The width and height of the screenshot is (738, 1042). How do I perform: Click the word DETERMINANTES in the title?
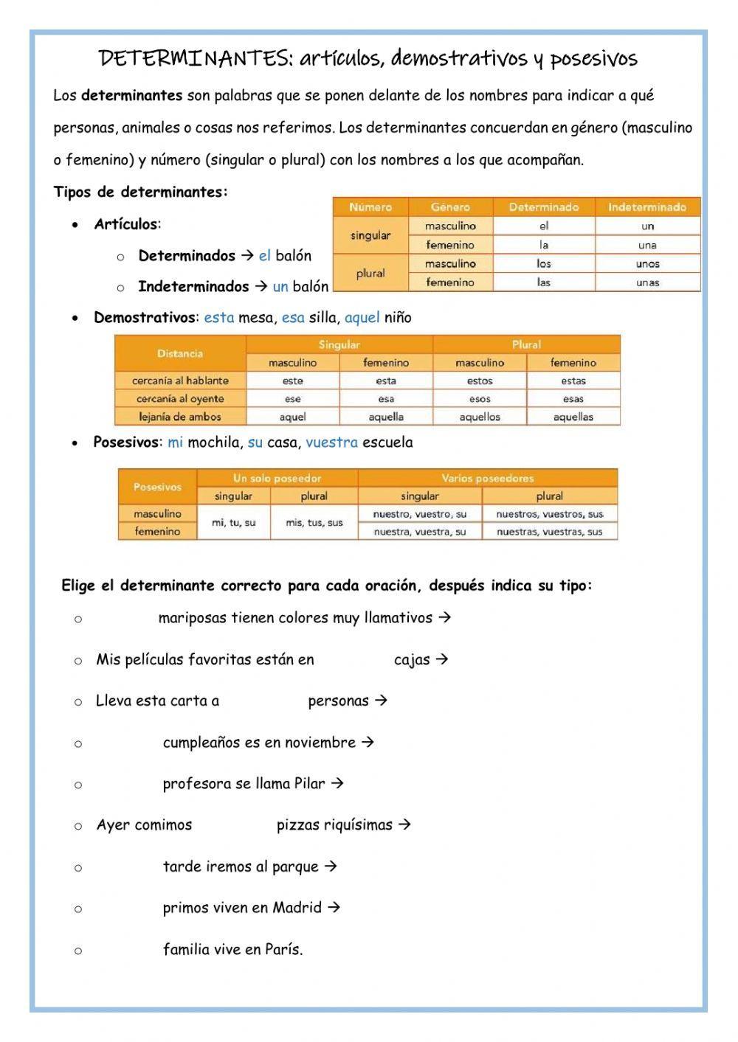196,58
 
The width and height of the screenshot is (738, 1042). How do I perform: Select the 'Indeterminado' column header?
647,207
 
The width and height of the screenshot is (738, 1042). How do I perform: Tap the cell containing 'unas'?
647,282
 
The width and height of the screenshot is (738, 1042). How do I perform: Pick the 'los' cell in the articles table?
544,263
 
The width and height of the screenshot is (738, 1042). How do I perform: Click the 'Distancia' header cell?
180,353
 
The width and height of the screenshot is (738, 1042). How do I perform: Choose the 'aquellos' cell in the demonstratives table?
480,417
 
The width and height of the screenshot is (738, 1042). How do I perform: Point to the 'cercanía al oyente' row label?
180,399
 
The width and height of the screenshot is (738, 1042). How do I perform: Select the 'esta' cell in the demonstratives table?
386,381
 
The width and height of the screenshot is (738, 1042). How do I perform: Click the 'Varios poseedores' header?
487,478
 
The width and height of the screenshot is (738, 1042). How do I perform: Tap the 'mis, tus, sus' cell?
314,523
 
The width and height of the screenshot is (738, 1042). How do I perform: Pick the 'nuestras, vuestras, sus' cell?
549,532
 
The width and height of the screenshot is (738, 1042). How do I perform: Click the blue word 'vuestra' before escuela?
331,442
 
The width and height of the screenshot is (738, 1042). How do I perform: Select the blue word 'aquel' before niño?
362,318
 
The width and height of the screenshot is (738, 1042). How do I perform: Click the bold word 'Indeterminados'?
193,287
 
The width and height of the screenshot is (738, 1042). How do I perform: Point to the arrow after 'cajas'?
441,659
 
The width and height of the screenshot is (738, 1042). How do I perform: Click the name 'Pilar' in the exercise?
309,783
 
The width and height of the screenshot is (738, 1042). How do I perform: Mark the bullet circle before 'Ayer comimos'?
78,826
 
